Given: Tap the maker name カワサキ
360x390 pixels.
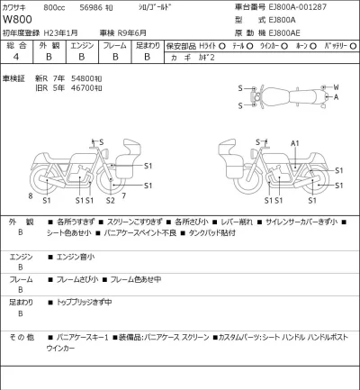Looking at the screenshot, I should point(20,7).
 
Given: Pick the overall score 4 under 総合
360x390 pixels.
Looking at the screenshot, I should point(16,56).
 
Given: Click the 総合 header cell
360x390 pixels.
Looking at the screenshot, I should point(16,44).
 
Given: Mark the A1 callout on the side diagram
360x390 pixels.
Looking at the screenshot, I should point(294,144).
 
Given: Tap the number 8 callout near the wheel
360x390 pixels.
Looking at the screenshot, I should point(30,195).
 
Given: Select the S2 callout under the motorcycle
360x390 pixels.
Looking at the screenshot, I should point(110,200).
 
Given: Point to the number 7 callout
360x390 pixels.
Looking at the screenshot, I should point(123,195).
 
